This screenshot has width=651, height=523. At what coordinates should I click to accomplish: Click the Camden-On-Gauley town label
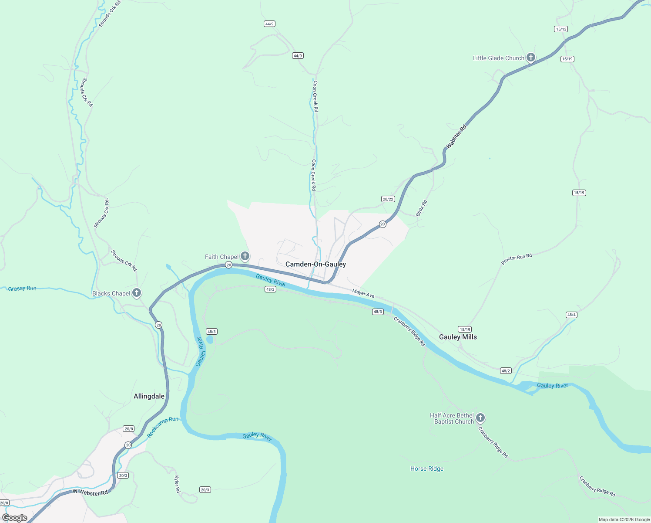tap(315, 264)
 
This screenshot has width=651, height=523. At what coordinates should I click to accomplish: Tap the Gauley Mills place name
tap(458, 337)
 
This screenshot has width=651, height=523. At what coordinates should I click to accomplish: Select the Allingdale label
tap(149, 396)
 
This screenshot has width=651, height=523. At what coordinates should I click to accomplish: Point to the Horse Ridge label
tap(427, 469)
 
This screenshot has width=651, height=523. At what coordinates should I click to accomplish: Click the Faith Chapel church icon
tap(245, 256)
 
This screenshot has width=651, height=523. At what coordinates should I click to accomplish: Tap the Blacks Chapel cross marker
tap(137, 293)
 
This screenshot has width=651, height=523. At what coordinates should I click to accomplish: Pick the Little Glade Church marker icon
tap(530, 58)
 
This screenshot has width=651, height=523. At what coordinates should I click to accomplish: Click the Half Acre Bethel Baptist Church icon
tap(480, 418)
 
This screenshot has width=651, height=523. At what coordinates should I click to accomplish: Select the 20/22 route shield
tap(388, 199)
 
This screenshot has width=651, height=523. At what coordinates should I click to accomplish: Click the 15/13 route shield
tap(561, 29)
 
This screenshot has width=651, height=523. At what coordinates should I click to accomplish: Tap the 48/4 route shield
tap(571, 315)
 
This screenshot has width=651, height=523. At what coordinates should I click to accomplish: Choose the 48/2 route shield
tap(505, 371)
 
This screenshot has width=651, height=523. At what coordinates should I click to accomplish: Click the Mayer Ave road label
tap(363, 294)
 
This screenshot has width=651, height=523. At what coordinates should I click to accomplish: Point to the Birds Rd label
tap(421, 208)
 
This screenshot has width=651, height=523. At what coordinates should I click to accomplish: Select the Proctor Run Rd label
tap(517, 259)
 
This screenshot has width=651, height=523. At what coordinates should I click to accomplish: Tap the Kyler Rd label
tap(177, 484)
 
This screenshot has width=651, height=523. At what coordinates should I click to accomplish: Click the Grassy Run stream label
tap(22, 289)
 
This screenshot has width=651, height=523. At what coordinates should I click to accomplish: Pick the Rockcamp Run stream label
tap(163, 427)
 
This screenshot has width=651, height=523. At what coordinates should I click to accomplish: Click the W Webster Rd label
tap(90, 492)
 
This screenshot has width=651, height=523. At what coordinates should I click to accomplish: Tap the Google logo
tap(15, 518)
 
